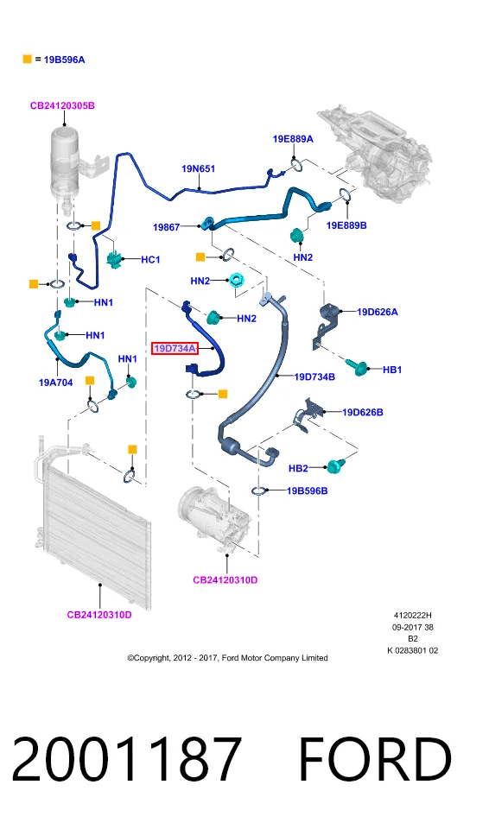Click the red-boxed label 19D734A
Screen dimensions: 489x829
[175, 348]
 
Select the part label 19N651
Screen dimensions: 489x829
[199, 168]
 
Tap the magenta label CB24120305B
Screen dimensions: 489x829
[62, 105]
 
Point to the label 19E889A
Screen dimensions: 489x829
[293, 139]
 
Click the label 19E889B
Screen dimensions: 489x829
[346, 225]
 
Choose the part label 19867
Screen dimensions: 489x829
[167, 227]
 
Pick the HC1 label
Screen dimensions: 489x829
[150, 260]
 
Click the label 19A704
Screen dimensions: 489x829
[55, 383]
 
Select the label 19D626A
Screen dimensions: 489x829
[378, 312]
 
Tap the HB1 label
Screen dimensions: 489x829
[392, 370]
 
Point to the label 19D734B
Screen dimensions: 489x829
[314, 377]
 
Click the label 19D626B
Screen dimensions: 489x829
[363, 413]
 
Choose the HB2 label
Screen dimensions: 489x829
[298, 468]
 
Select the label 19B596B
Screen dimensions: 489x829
[307, 491]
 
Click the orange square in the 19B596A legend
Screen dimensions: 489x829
[28, 60]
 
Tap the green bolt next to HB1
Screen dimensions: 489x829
[357, 366]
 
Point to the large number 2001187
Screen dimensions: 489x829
[126, 759]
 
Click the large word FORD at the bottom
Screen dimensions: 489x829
[375, 759]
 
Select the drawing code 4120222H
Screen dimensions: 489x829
[412, 616]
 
